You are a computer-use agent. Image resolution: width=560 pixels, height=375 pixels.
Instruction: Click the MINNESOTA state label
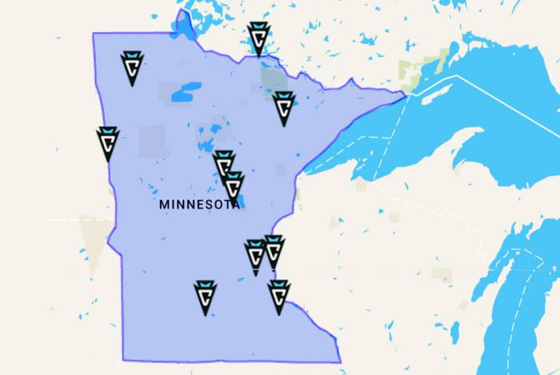(199, 205)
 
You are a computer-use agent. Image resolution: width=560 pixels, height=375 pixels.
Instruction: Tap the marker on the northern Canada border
(258, 38)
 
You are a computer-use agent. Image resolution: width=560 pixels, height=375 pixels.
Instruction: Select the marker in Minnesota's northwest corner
(132, 67)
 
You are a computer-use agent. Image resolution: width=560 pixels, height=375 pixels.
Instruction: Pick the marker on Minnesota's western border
(108, 142)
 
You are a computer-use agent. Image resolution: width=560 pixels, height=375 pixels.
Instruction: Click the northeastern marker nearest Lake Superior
(283, 107)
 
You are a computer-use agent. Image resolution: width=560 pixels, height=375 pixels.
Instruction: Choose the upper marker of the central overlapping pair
(224, 165)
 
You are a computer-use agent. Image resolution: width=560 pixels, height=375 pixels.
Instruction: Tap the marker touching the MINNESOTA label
(233, 185)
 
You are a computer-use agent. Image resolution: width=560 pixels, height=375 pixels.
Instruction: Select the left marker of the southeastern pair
(255, 256)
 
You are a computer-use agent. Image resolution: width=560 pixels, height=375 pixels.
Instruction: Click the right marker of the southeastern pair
(274, 251)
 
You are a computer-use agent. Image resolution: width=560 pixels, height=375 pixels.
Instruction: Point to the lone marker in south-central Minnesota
(206, 297)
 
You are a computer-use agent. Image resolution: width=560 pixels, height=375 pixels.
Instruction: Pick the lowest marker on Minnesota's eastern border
(278, 296)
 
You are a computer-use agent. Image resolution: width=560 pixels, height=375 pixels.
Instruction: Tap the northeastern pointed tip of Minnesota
(405, 93)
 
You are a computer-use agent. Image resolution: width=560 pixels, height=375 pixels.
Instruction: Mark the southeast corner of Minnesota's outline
(339, 361)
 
